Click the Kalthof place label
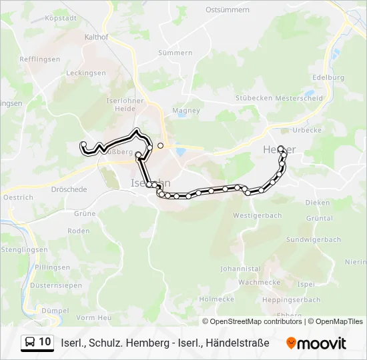pos(97,37)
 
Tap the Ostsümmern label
pos(228,10)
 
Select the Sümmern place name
pos(175,53)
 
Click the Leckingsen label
pos(87,73)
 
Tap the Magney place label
pos(186,111)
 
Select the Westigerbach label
pos(258,216)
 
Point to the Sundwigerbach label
pos(313,239)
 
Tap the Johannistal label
pos(240,269)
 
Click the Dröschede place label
pos(69,189)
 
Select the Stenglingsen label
pos(24,249)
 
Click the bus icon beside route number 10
pos(30,343)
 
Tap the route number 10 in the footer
pos(45,342)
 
